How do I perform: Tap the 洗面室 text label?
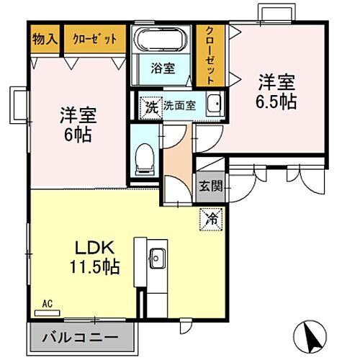tap(179, 105)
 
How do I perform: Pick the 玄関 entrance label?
tap(210, 186)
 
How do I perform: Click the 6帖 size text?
tap(78, 135)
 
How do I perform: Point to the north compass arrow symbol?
tap(315, 333)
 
